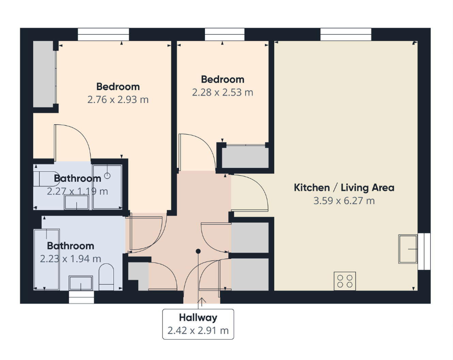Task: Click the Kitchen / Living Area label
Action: point(344,188)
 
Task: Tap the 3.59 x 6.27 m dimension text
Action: point(344,201)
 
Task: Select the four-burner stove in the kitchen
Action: point(345,281)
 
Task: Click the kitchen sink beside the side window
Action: point(408,249)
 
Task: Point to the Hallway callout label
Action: point(198,317)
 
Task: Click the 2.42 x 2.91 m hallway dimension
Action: point(198,330)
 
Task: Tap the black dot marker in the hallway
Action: point(198,252)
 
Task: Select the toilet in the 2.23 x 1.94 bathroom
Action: point(106,277)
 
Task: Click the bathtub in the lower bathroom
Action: point(47,259)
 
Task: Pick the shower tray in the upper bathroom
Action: point(107,187)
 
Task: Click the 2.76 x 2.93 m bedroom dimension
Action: point(118,100)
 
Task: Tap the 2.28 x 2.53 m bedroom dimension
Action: point(222,93)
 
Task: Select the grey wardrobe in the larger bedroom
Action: point(45,74)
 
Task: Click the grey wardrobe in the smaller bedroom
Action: point(245,157)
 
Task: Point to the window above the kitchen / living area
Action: point(346,34)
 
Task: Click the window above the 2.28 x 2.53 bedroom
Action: point(224,34)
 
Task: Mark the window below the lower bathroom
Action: point(82,297)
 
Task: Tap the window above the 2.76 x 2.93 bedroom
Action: point(103,34)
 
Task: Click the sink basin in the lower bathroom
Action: point(81,283)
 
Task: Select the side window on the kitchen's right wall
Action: point(424,252)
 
